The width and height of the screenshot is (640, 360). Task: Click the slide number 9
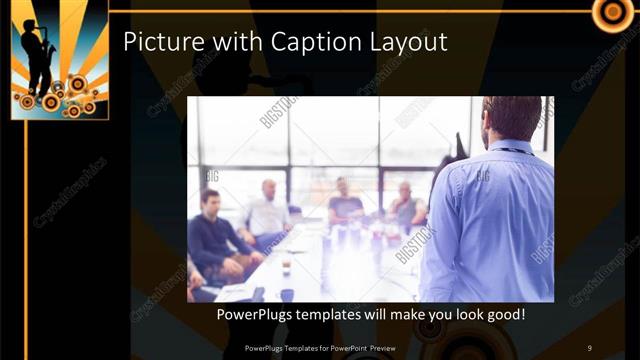589,347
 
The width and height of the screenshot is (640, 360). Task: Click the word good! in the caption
501,314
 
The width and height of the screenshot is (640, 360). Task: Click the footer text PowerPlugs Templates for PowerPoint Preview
319,347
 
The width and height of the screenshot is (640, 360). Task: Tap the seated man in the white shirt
267,214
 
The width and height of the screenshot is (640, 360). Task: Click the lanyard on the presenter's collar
514,150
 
